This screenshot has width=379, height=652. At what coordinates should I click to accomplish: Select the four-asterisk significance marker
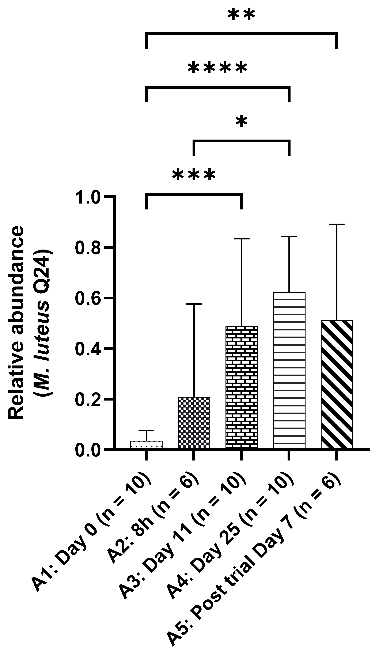[x=217, y=69]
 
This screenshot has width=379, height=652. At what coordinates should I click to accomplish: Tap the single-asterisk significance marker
[x=241, y=122]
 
